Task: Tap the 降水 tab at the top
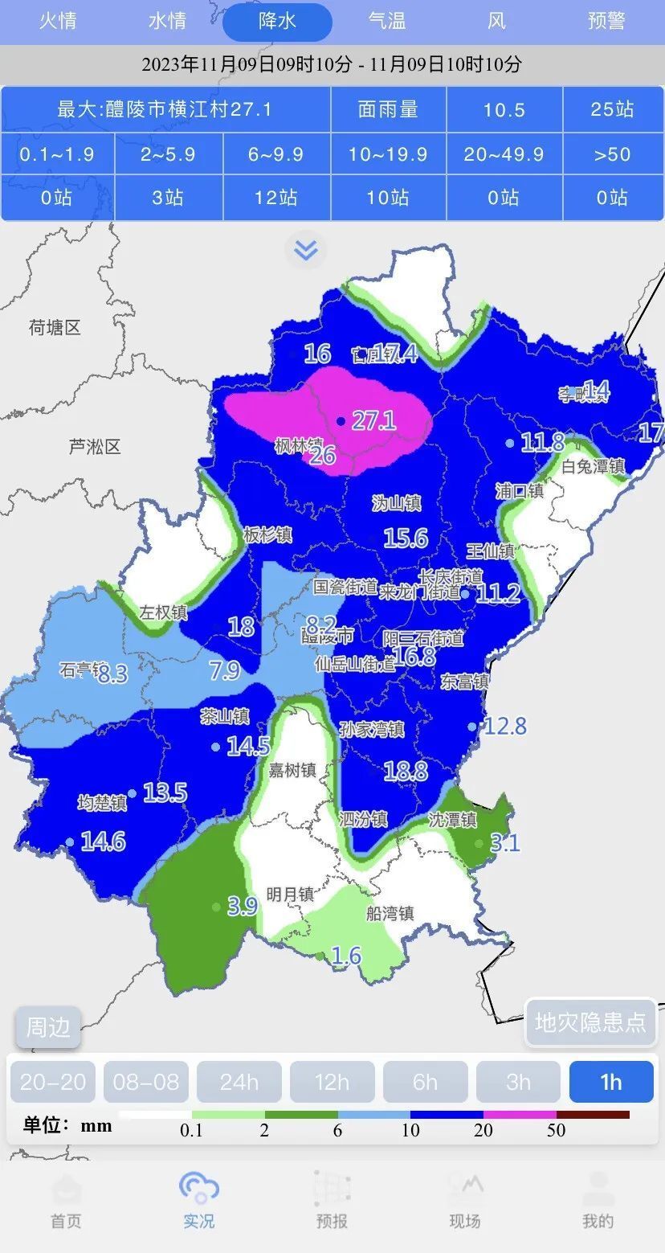click(277, 22)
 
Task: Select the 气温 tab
click(387, 22)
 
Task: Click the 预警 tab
click(606, 22)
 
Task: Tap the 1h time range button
click(610, 1082)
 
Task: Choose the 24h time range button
click(239, 1082)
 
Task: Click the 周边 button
click(48, 1027)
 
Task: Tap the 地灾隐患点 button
click(590, 1022)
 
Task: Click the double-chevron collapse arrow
click(305, 251)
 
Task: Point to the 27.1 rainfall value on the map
click(373, 420)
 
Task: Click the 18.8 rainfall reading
click(406, 772)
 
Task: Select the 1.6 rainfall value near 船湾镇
click(346, 956)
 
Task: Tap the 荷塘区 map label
click(55, 328)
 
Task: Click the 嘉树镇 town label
click(292, 770)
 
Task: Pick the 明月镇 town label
click(290, 894)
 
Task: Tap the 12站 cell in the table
click(276, 198)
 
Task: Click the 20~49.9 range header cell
click(504, 154)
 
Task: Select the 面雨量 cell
click(388, 109)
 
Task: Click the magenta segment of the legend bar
click(520, 1115)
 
